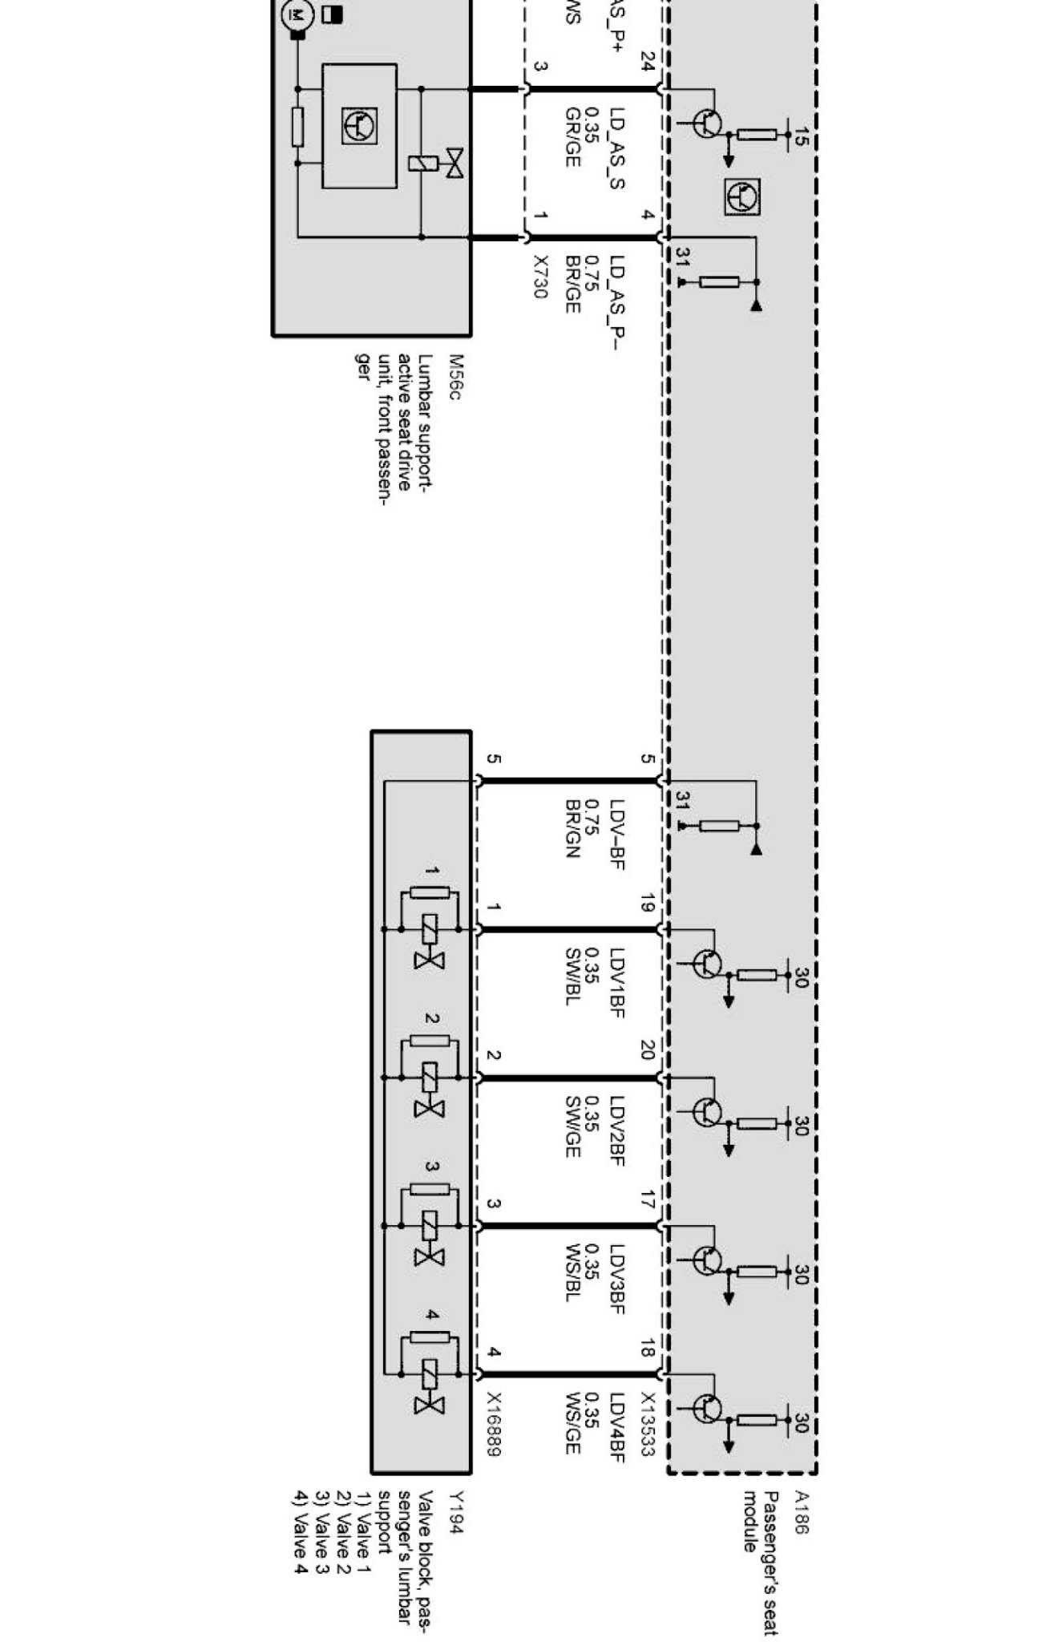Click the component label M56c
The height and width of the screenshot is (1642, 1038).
pos(456,379)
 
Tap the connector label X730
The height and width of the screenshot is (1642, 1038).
pos(540,277)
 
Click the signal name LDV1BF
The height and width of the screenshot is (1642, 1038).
pos(616,983)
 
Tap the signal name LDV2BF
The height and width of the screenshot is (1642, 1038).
pos(616,1130)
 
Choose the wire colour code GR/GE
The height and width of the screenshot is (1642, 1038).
pos(572,137)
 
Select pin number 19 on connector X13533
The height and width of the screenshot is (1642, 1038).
pos(648,907)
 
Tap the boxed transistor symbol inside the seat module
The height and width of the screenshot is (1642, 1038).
pos(743,197)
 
